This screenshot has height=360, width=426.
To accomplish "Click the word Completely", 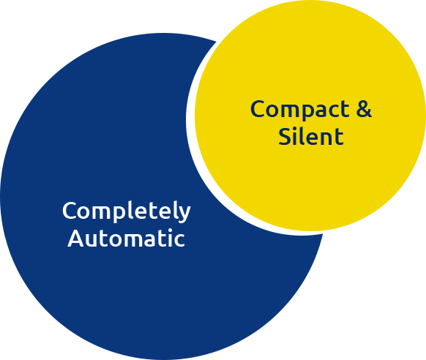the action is click(x=127, y=211).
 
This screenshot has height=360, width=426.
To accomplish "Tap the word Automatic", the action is click(x=127, y=238).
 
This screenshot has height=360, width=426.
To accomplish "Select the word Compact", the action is click(x=299, y=110).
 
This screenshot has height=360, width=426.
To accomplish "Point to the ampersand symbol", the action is click(x=364, y=108).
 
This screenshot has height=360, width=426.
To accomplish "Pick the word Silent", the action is click(x=311, y=136).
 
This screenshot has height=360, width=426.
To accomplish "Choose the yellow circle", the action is click(x=310, y=116).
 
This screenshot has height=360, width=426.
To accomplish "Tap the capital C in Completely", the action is click(x=70, y=211).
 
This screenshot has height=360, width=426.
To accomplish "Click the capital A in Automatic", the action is click(x=75, y=238).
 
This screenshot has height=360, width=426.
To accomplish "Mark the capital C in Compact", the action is click(x=258, y=108).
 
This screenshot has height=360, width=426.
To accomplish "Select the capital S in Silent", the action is click(x=285, y=136).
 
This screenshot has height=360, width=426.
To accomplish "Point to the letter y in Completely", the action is click(x=184, y=214).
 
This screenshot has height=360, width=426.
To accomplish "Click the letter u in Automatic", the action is click(x=91, y=241).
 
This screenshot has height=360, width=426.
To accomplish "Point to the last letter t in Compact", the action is click(x=344, y=110).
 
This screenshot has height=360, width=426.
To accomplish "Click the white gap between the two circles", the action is click(x=190, y=119).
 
